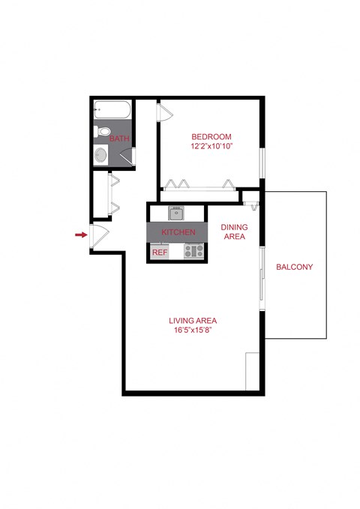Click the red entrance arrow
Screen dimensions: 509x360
point(80,235)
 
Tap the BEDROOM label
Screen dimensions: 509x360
point(211,136)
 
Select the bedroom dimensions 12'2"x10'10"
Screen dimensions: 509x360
point(211,147)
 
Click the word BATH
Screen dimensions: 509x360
point(119,139)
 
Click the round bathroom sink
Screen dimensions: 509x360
point(101,155)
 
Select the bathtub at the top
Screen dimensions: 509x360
point(112,111)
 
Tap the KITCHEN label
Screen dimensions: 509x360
point(178,232)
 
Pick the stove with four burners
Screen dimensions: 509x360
point(194,252)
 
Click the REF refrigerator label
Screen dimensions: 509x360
point(159,253)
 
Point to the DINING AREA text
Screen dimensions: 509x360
point(233,232)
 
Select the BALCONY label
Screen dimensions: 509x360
point(294,268)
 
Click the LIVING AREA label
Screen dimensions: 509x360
point(193,321)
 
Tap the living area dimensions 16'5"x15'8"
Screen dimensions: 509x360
point(193,331)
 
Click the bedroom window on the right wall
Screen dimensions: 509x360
point(261,163)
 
